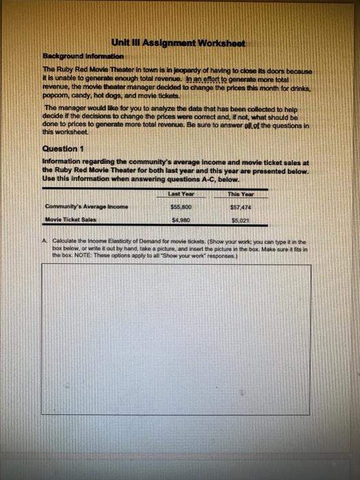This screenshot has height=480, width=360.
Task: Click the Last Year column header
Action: (x=180, y=195)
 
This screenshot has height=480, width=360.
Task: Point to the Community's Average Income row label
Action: (x=86, y=206)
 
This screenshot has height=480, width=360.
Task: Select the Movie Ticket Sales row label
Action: (x=71, y=220)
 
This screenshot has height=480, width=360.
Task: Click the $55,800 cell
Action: (x=180, y=206)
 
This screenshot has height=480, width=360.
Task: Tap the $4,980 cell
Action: (x=180, y=220)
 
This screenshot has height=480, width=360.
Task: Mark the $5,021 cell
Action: (x=240, y=221)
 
